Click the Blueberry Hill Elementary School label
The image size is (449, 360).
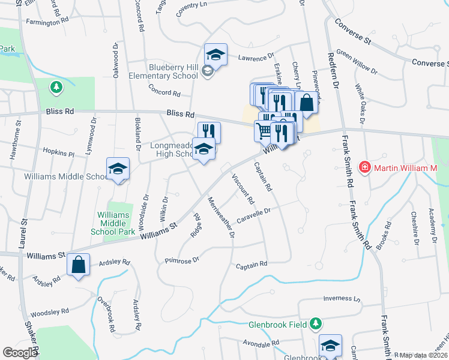pyautogui.click(x=163, y=72)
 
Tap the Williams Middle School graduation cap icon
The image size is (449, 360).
pyautogui.click(x=118, y=170)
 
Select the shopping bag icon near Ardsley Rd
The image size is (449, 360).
pyautogui.click(x=79, y=265)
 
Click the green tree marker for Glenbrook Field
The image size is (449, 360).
pyautogui.click(x=315, y=325)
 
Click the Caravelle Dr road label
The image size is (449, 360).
pyautogui.click(x=255, y=214)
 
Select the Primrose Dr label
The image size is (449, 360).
pyautogui.click(x=182, y=260)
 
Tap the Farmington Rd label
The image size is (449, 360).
pyautogui.click(x=52, y=22)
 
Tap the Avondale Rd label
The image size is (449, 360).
pyautogui.click(x=262, y=344)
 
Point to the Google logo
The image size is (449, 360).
pyautogui.click(x=20, y=353)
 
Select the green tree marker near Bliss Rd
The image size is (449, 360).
pyautogui.click(x=56, y=88)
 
